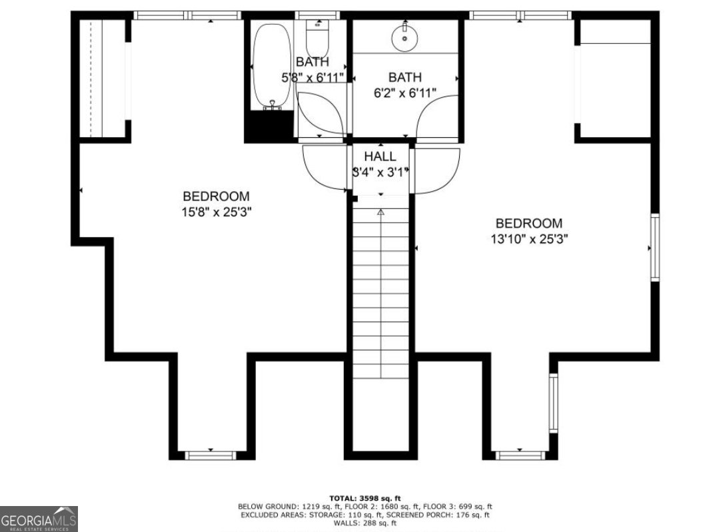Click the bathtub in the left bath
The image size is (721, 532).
pos(271,67)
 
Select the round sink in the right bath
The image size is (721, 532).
pos(404,37)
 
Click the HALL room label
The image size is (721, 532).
pos(380,157)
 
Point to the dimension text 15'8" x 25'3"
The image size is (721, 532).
pos(216,212)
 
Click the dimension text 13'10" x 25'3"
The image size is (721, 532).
pos(528,239)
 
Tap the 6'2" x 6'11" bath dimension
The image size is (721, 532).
pos(405,93)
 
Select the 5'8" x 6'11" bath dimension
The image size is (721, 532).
pos(313,77)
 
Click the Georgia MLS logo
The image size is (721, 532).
pos(39,519)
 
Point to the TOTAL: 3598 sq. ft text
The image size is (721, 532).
pos(364,498)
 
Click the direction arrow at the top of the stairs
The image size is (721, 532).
pos(380,212)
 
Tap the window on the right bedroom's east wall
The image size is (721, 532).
pos(654,247)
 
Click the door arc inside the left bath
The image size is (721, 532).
pos(320,113)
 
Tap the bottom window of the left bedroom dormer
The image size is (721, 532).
pos(211,455)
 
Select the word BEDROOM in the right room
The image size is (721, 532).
pos(528,224)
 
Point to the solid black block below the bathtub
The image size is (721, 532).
pos(269,127)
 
